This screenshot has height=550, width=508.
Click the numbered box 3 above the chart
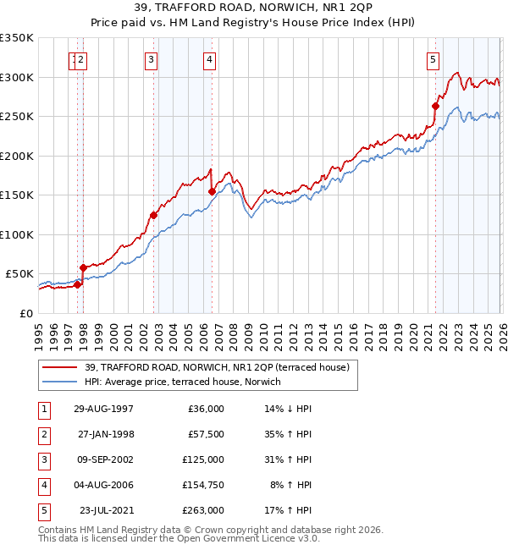point(150,59)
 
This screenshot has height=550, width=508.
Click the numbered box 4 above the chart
point(208,59)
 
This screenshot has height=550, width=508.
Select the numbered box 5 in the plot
point(433,59)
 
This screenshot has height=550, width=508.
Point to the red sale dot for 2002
point(154,215)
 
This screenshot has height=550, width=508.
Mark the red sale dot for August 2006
point(212,191)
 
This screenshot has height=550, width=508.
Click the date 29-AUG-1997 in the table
point(103,409)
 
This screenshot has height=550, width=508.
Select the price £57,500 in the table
point(203,434)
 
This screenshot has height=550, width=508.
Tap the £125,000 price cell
point(203,459)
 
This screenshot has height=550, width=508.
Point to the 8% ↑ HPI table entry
point(289,485)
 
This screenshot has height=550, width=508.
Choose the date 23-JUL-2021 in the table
point(103,510)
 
